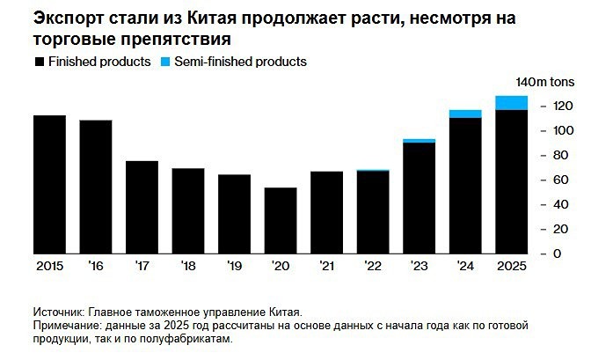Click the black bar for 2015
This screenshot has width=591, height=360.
(x=49, y=185)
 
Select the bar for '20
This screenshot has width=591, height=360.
(x=281, y=221)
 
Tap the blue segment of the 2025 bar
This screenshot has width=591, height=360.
(x=511, y=103)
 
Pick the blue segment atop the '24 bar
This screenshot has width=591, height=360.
(x=464, y=114)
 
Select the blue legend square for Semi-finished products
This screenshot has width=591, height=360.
(x=167, y=62)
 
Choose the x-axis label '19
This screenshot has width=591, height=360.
(x=234, y=267)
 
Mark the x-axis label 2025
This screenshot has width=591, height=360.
(x=511, y=267)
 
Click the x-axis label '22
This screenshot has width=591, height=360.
(x=373, y=267)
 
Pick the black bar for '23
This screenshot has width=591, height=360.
(x=419, y=198)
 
